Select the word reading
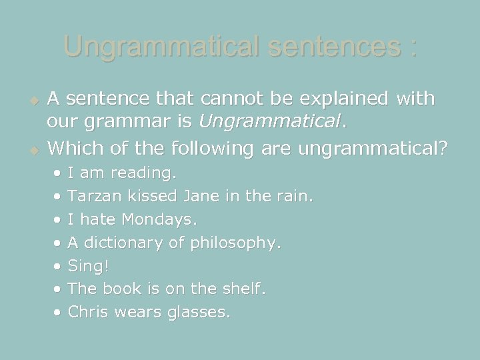[x=144, y=173]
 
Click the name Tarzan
[x=93, y=197]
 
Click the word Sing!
[x=89, y=266]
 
